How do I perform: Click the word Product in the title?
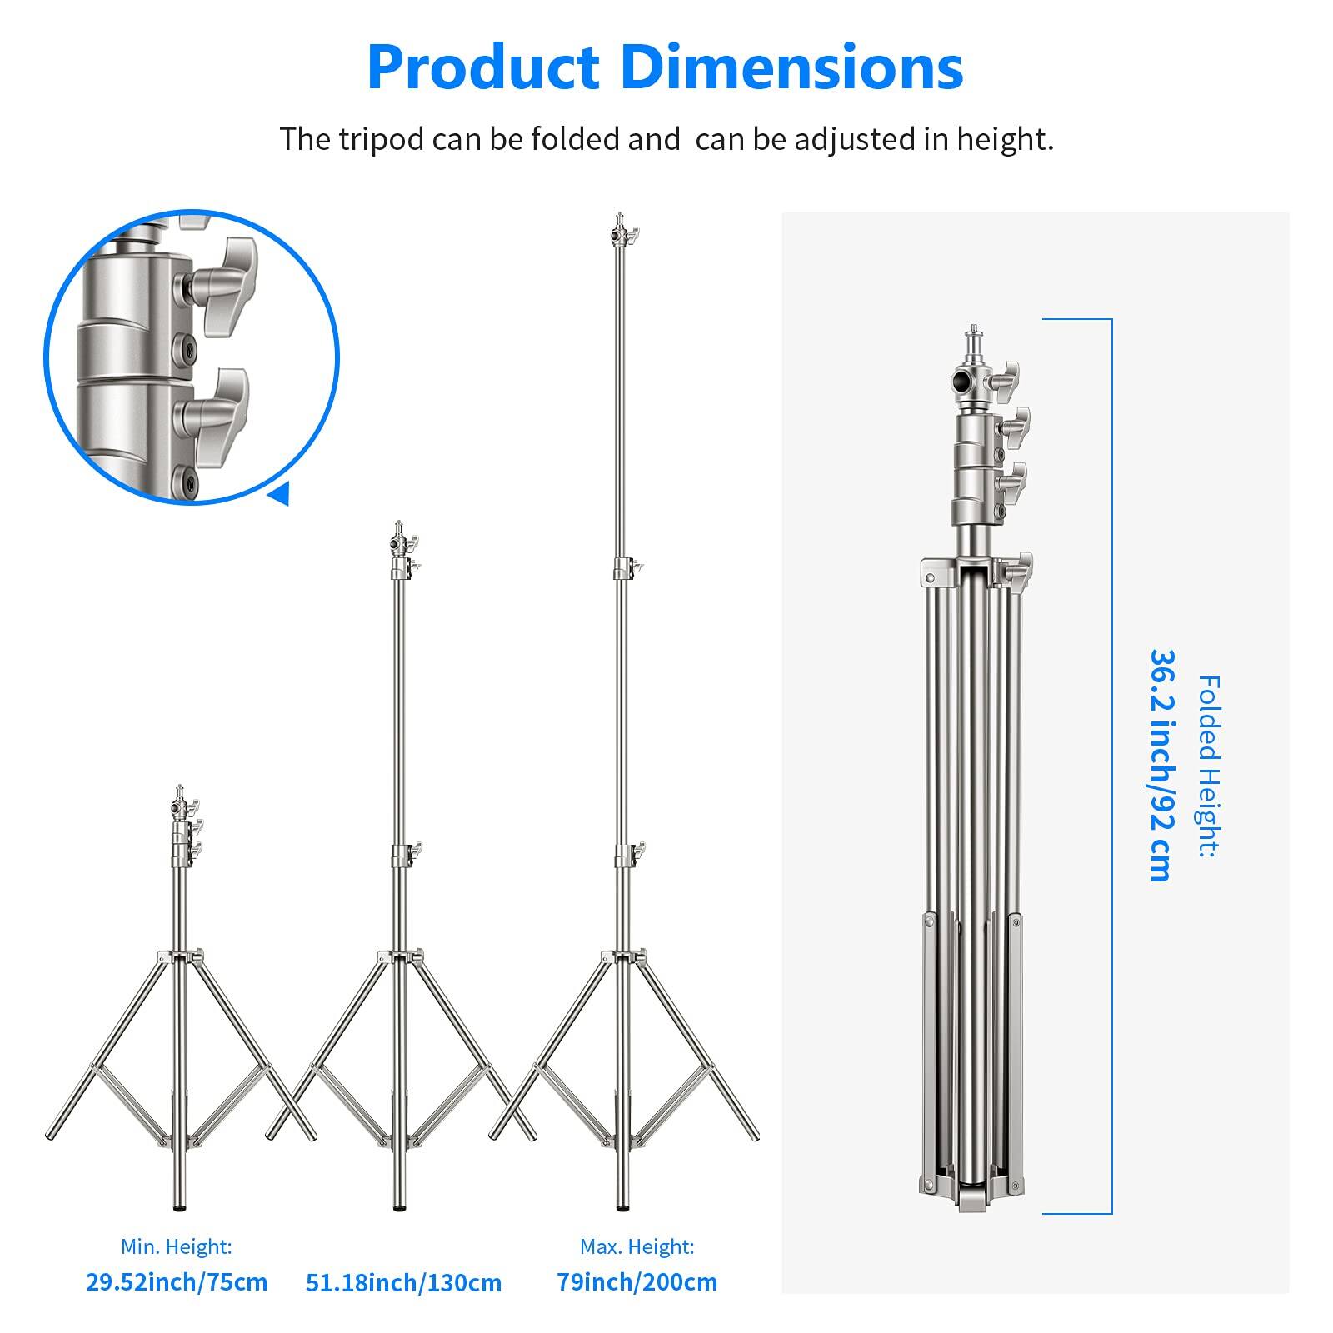[484, 68]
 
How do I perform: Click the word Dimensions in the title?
[792, 68]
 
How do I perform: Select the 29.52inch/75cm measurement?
[177, 1281]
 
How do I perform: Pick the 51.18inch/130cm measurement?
[403, 1282]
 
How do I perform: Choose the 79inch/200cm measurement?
[637, 1281]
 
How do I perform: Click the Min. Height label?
[177, 1246]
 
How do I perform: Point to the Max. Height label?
[637, 1246]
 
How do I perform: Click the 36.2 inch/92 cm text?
[1160, 765]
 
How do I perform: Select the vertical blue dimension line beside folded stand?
[1111, 765]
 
